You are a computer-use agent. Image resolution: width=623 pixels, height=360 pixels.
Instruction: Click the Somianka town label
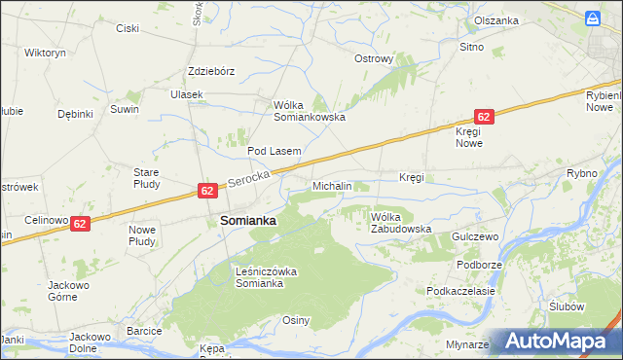248,221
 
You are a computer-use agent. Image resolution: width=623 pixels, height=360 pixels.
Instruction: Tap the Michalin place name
332,185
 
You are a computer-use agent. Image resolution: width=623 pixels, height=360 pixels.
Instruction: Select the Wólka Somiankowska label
310,110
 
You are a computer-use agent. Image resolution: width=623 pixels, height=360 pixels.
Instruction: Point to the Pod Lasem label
274,151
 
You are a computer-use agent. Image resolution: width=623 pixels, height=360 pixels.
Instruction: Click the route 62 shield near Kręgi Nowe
485,116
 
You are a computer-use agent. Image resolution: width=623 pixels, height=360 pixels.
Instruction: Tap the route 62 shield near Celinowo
80,223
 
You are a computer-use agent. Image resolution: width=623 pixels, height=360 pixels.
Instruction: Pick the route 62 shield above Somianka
207,191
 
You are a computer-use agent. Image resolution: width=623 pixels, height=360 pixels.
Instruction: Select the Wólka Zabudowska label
400,223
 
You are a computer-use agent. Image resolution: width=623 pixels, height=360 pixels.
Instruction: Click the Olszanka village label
496,20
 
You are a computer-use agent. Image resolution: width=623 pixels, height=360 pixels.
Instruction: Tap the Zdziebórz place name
213,71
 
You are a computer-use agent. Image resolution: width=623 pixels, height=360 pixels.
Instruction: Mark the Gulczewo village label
475,236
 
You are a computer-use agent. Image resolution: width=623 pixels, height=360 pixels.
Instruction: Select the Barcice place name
143,331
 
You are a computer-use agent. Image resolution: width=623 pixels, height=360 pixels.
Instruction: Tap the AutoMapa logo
558,341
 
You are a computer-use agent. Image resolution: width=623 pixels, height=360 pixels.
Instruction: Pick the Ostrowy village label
374,58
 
